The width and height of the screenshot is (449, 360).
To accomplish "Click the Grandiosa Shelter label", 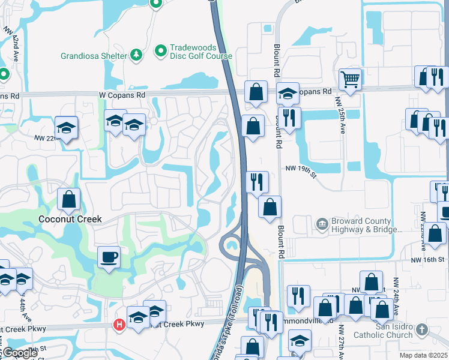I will coord(93,56).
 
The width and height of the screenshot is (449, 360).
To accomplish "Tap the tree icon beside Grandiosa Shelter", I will coord(137,55).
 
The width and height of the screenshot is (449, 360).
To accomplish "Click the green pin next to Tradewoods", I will coord(161,52).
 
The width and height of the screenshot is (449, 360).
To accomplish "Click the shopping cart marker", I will coord(350,79).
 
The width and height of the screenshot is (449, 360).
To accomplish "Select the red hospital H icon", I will coord(119,325).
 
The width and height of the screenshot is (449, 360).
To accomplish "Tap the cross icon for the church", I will coord(422,329).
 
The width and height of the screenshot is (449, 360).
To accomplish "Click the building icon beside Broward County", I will coord(322,224).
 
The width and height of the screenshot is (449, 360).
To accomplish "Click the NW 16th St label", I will coord(428,259).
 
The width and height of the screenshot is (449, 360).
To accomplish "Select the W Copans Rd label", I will coord(122,95).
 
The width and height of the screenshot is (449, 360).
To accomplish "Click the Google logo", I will coord(19,353).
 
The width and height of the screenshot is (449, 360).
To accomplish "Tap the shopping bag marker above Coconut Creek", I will coord(69,200).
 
